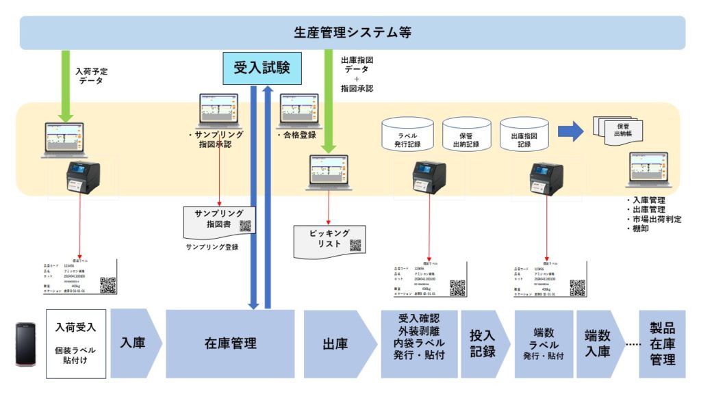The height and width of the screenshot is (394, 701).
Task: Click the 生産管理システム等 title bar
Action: click(352, 33)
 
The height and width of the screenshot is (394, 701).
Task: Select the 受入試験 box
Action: click(262, 68)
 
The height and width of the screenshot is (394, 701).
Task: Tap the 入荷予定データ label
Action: click(91, 75)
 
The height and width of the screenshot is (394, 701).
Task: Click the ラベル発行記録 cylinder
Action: click(407, 135)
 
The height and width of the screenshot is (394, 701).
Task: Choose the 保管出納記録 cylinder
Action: click(466, 135)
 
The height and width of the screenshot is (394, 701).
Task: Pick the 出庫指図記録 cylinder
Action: click(524, 135)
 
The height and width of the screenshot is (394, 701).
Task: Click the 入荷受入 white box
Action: click(75, 343)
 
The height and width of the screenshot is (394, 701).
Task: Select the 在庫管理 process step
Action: click(230, 343)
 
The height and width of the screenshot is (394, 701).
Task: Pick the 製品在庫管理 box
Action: click(662, 343)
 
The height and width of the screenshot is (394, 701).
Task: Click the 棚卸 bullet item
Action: click(641, 229)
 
